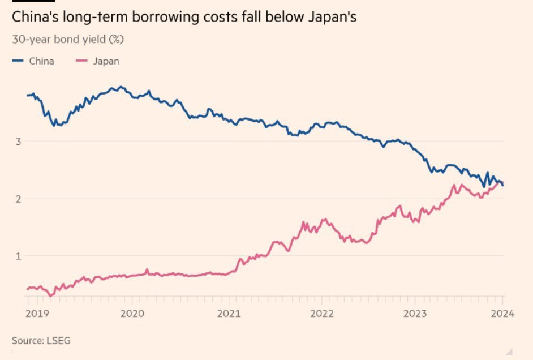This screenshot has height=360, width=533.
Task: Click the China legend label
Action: click(x=41, y=61)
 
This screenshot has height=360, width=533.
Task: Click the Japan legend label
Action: click(x=106, y=61)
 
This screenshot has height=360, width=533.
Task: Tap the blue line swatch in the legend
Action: click(x=18, y=61)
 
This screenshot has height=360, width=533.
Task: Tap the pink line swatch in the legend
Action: click(x=82, y=61)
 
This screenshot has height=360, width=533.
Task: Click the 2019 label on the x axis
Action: click(x=36, y=313)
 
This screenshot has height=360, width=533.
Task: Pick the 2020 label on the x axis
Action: click(x=131, y=313)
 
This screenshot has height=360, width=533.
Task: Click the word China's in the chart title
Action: click(x=35, y=18)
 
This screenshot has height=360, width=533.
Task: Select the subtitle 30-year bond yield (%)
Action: click(x=68, y=40)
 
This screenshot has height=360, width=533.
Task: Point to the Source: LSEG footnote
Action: click(x=41, y=340)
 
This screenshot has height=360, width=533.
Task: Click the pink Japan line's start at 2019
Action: click(x=28, y=289)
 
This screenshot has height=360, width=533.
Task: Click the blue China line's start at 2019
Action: click(x=28, y=95)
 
